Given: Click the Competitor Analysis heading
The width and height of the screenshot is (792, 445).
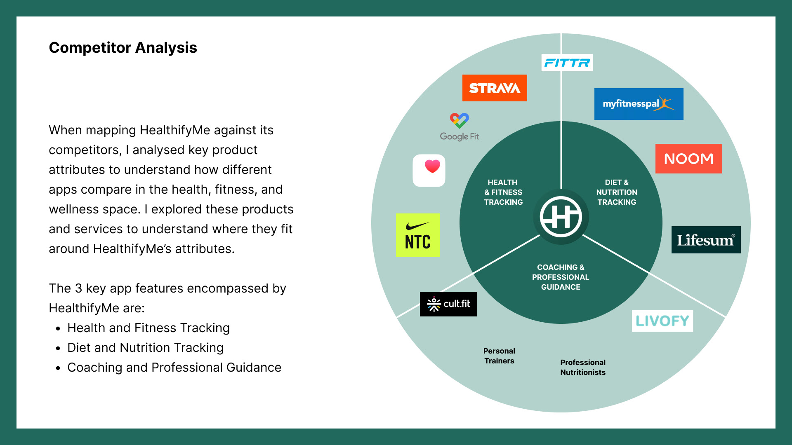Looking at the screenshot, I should [x=123, y=48].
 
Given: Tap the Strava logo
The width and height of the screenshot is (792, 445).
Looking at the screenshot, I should [x=495, y=88].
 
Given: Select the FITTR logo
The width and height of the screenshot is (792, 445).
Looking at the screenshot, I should [x=567, y=63].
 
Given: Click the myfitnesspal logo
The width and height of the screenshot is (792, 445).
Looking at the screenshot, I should [x=639, y=104].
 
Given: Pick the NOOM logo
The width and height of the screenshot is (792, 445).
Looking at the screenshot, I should [x=688, y=159].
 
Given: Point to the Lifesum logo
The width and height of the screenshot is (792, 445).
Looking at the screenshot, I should [x=706, y=240].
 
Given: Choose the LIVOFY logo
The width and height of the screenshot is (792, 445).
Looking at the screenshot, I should [x=662, y=321].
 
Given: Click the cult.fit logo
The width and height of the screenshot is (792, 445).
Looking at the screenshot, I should [x=448, y=304].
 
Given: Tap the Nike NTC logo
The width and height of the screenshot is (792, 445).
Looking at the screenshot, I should [x=417, y=235].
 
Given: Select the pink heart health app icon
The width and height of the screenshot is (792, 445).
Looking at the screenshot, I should [x=429, y=171].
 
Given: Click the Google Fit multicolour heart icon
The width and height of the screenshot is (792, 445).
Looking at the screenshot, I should [x=459, y=120].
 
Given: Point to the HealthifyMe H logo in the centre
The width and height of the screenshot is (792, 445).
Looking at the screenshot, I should [x=561, y=217].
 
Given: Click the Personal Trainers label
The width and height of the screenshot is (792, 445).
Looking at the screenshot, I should [x=499, y=356].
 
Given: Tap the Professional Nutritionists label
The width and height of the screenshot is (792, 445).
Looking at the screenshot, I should [x=582, y=368].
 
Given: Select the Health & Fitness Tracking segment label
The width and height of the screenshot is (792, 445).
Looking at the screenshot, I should [x=503, y=192].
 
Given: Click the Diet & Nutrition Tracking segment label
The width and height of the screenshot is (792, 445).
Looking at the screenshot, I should [x=617, y=192].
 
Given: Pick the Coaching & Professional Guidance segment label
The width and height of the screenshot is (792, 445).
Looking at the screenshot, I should [x=561, y=277].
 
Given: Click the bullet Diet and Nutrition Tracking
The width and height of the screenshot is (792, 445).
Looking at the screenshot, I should [x=145, y=348].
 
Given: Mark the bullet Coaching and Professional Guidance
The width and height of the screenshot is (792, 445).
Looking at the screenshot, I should [x=174, y=368].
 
